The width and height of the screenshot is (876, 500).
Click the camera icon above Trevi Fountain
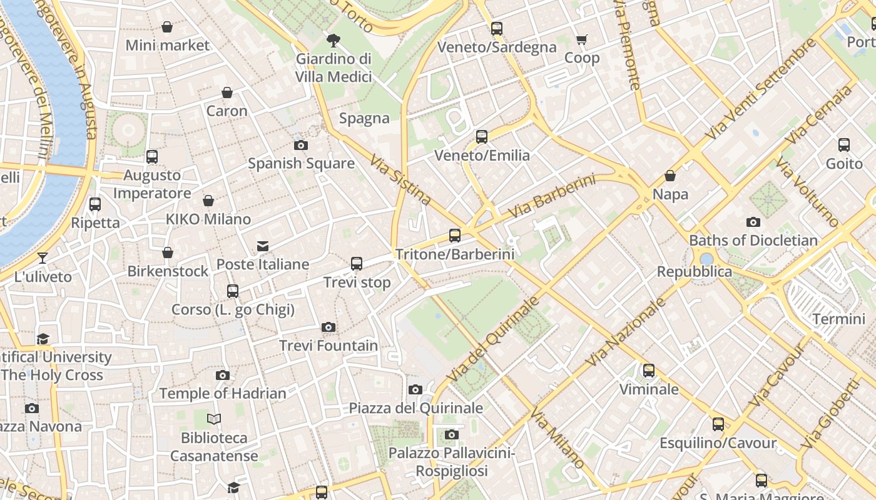tap(328, 327)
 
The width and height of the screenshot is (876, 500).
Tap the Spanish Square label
tap(301, 164)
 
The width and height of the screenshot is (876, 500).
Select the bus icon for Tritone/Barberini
tap(455, 236)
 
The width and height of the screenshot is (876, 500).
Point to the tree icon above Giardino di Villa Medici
tap(334, 41)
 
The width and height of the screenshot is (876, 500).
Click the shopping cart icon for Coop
tap(581, 40)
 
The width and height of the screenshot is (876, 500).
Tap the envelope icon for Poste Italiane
tap(263, 246)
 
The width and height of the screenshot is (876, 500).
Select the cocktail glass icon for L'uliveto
tap(42, 257)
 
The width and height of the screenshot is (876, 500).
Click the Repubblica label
tap(694, 272)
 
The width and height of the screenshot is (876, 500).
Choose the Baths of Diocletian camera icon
tap(753, 222)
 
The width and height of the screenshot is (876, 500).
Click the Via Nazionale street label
tap(626, 332)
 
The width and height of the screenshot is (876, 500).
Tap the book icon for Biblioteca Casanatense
tap(214, 419)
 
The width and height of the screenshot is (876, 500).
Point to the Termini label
tap(838, 319)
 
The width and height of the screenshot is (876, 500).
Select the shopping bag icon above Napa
tap(670, 176)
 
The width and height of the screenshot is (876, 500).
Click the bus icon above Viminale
tap(649, 371)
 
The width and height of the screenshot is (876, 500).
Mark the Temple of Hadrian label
tap(222, 394)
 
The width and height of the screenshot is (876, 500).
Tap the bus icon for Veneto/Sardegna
tap(497, 29)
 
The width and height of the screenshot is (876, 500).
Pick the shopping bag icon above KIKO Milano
tap(208, 201)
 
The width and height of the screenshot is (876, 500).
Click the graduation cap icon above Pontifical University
tap(43, 339)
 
